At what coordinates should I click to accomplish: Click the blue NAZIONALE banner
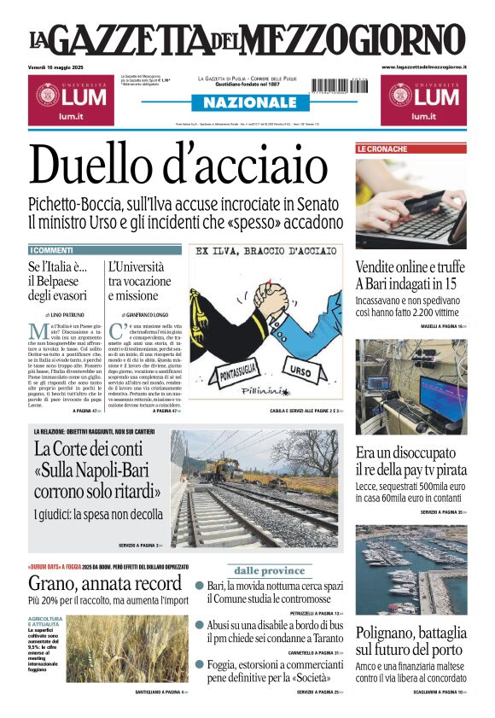248,102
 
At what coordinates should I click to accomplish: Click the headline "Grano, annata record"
104,584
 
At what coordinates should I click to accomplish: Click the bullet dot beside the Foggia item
200,664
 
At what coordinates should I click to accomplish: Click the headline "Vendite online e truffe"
410,267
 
